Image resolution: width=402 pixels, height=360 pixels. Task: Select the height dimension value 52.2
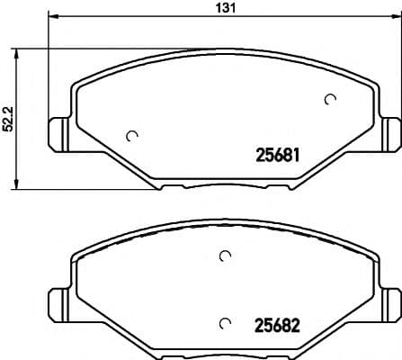pos(8,118)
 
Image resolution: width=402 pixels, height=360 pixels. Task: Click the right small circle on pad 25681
pos(329,100)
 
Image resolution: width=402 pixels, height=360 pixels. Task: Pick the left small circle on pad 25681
pos(133,136)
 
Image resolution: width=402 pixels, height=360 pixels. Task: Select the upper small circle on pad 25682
pos(224,256)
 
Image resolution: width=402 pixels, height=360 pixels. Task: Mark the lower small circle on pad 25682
pos(224,322)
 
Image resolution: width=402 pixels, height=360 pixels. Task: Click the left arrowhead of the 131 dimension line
pos(52,17)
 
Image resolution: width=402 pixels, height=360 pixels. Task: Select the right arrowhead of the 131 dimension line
pos(393,17)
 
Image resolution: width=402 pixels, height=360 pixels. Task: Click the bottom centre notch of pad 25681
pos(224,187)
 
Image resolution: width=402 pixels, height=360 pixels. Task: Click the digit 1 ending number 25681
pos(294,155)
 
